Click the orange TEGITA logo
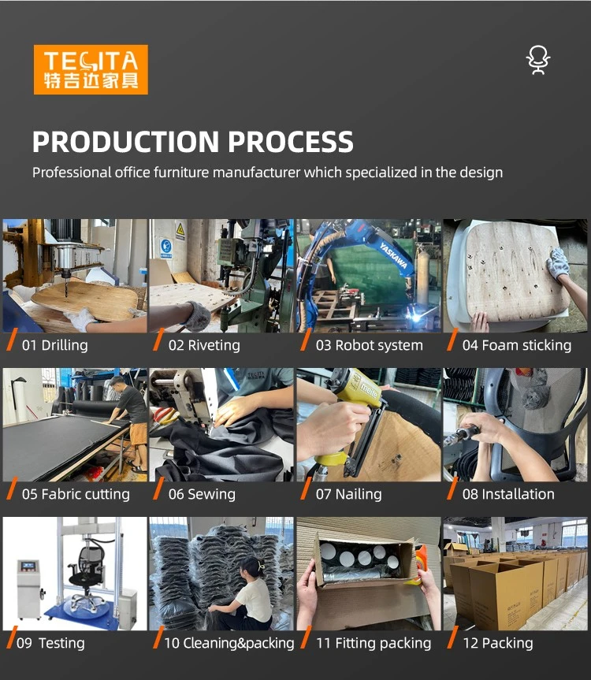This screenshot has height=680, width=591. point(91,69)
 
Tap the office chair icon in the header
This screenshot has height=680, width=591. point(538,61)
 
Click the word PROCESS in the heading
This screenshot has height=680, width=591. point(291,142)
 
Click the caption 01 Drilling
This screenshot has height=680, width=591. point(54,345)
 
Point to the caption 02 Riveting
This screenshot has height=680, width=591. point(204,345)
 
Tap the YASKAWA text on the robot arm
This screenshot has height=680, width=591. point(394,255)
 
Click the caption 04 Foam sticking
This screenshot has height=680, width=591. point(516,345)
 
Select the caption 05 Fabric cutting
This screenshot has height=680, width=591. point(76,494)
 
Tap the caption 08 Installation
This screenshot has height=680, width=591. point(508,494)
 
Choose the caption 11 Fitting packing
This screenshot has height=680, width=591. point(374,643)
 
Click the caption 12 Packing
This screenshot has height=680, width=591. point(498,643)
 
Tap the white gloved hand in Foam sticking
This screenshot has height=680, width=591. point(558,263)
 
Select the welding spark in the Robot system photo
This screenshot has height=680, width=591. point(417,318)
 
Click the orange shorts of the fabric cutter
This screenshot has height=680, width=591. point(139,433)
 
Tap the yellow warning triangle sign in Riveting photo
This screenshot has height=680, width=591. point(180,229)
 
